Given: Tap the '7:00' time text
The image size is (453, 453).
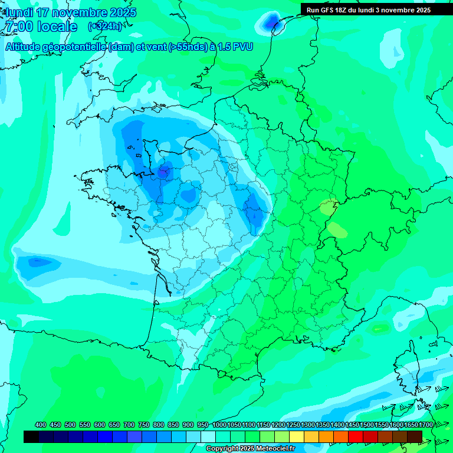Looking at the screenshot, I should click(17, 27).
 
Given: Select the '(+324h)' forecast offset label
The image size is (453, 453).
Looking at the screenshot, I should click(104, 27).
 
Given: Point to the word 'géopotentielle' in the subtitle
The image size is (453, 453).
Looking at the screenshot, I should click(75, 47).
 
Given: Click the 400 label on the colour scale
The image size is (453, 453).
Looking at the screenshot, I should click(41, 425).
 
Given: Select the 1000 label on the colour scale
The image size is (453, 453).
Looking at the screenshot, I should click(219, 425).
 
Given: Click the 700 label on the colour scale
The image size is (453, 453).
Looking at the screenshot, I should click(129, 425).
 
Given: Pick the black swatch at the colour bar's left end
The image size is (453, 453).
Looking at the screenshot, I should click(31, 436).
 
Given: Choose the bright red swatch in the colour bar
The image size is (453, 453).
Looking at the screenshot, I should click(356, 436).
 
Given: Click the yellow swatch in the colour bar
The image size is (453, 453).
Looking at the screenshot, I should click(297, 436).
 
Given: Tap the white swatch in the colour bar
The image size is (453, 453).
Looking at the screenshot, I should click(208, 436).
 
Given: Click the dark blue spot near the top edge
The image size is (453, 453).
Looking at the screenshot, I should click(271, 23).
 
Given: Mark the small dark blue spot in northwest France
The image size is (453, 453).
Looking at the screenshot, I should click(163, 172).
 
